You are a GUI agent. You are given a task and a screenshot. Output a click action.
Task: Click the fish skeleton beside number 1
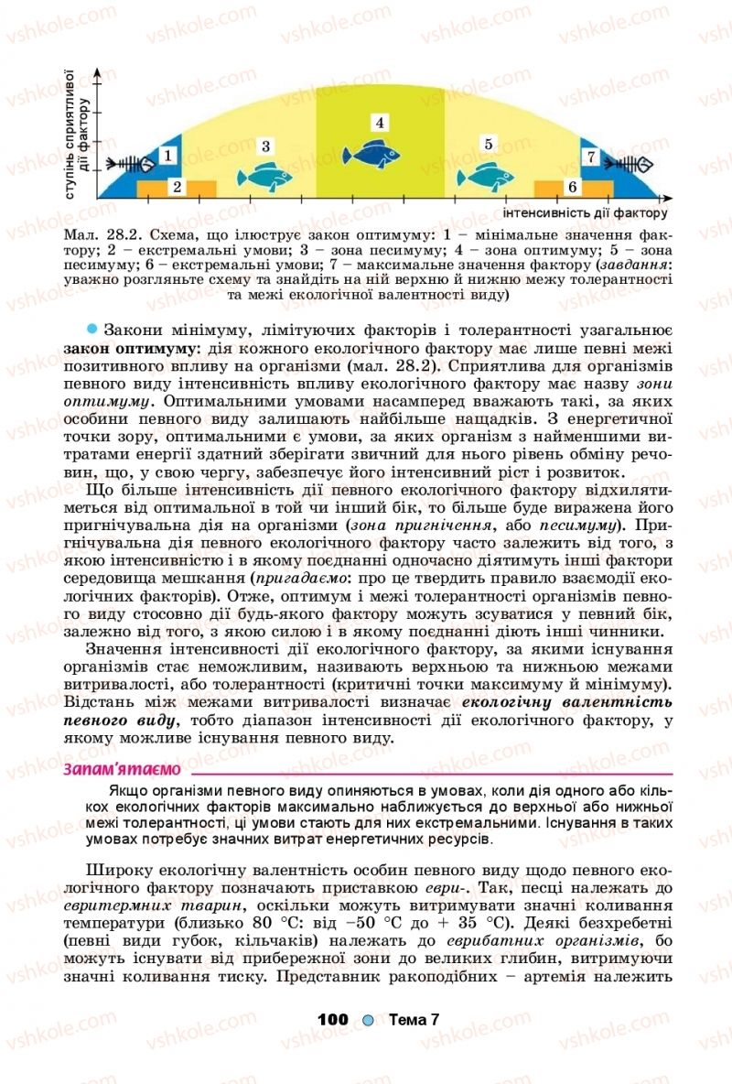[x=127, y=165]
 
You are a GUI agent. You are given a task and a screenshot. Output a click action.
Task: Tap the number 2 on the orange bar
[x=177, y=188]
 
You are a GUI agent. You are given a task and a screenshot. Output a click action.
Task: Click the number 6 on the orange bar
[x=573, y=188]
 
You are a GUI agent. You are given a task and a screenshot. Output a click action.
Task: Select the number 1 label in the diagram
[x=169, y=157]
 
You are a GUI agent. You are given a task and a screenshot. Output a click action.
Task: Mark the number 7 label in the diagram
[x=592, y=157]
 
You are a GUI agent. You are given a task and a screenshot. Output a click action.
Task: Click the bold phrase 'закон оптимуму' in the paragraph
[x=121, y=348]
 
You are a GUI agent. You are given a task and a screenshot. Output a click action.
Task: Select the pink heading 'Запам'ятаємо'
[x=122, y=768]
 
